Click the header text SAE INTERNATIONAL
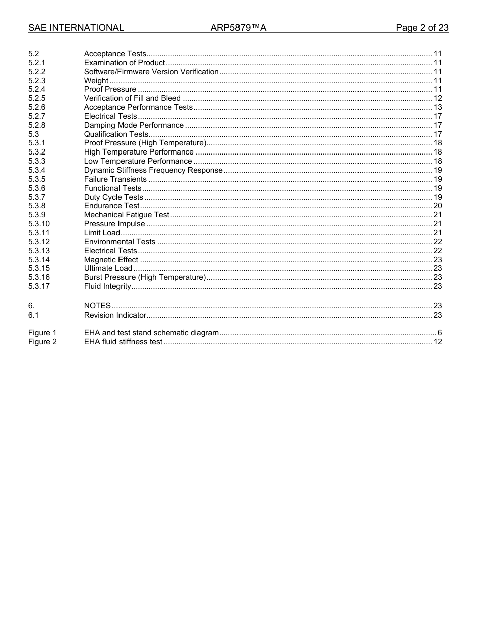click(x=76, y=28)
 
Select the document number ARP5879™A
click(x=238, y=28)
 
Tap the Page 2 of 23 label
click(x=422, y=28)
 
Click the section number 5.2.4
click(x=37, y=89)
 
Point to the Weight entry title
click(x=96, y=81)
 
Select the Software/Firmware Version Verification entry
click(x=151, y=72)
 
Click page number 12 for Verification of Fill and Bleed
click(x=437, y=98)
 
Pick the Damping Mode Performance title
click(x=134, y=125)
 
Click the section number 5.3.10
click(x=39, y=224)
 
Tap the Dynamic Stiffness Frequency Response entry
click(x=153, y=170)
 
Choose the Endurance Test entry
click(x=111, y=206)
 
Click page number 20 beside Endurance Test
click(x=437, y=206)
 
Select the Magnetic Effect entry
click(x=111, y=260)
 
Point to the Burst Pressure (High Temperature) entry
click(x=145, y=277)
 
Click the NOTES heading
click(x=97, y=306)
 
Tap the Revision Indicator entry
click(x=115, y=315)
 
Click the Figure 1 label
click(x=42, y=333)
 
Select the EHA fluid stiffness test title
click(x=123, y=342)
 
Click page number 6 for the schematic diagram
click(x=439, y=333)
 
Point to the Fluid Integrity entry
click(x=107, y=286)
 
